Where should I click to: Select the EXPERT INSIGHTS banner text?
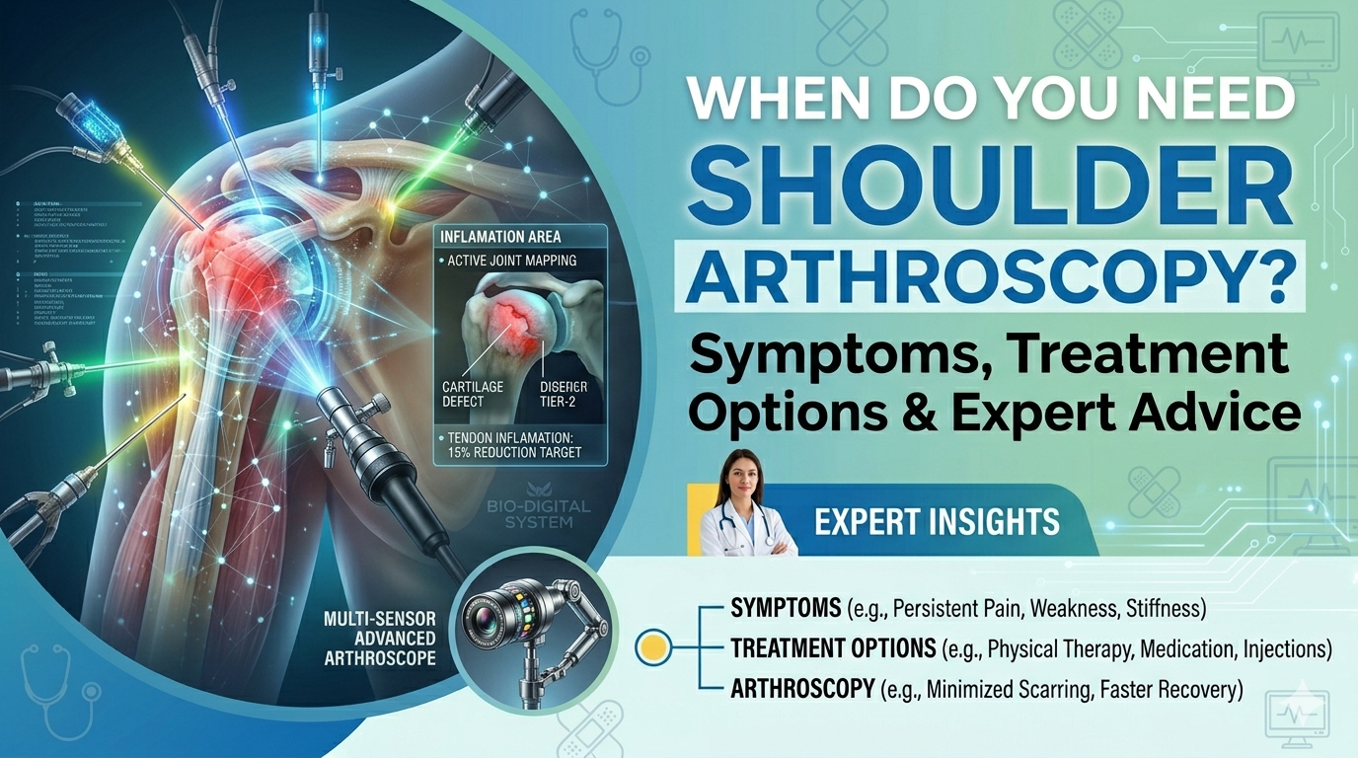coord(937,520)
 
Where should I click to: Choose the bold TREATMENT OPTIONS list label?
coord(833,648)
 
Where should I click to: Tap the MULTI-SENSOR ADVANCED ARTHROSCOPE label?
coord(379,639)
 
